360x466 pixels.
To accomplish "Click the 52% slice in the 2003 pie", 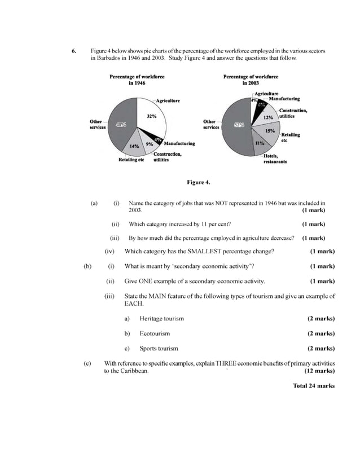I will [x=236, y=125].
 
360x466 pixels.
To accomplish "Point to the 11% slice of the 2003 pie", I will [x=260, y=143].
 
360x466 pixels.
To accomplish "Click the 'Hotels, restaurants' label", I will [x=275, y=159].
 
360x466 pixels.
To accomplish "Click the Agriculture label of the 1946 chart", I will [x=168, y=100].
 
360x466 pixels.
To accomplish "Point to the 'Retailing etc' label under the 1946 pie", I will [x=131, y=160].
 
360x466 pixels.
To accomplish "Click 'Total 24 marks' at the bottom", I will [x=313, y=386].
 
